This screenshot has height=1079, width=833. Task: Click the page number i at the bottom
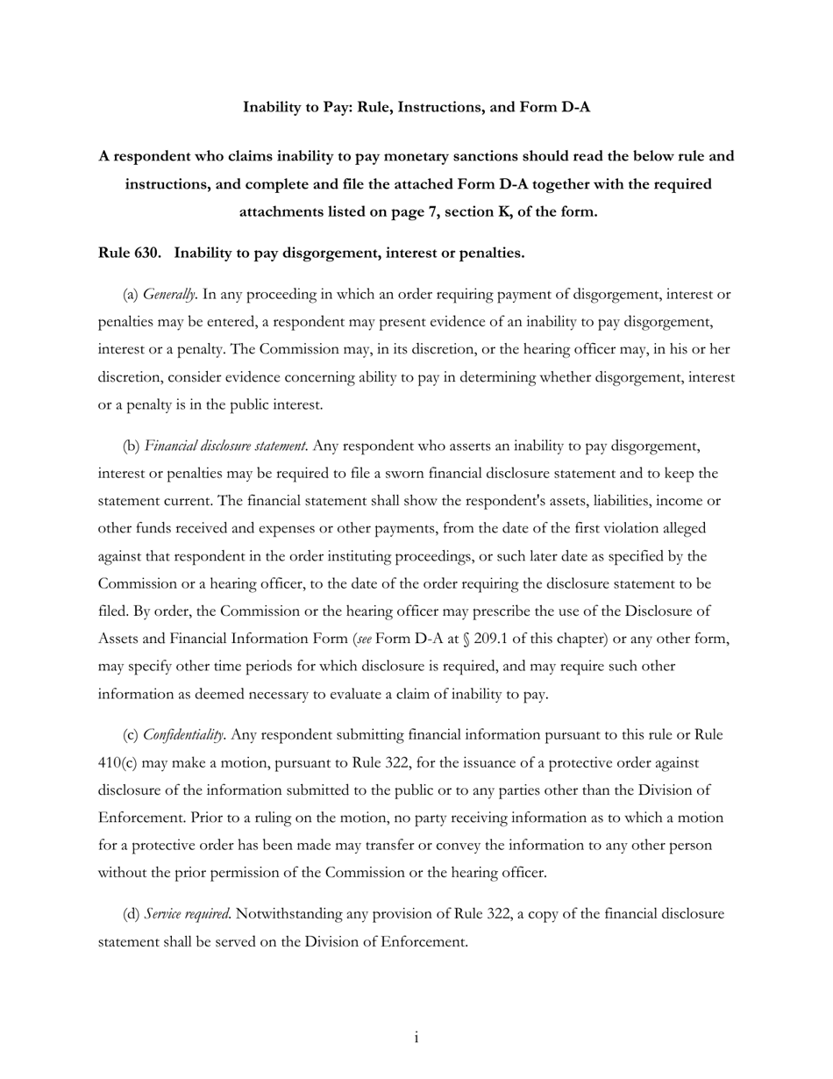point(416,1038)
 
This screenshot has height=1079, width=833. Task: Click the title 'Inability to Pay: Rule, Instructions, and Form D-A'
point(416,107)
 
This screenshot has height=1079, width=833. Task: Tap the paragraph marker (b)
point(132,446)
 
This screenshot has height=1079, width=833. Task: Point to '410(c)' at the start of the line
point(117,762)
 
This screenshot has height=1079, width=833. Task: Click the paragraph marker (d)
point(132,914)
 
